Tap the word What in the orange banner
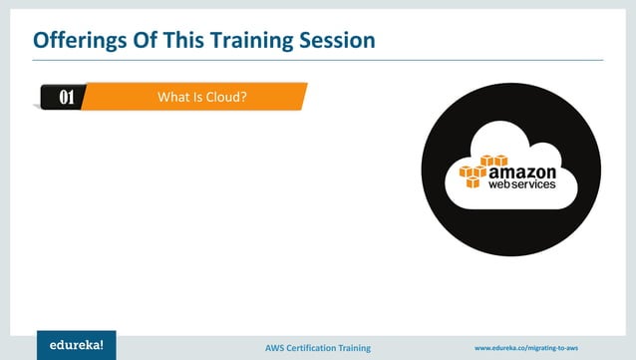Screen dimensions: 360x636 pyautogui.click(x=173, y=97)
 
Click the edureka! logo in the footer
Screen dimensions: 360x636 pyautogui.click(x=76, y=345)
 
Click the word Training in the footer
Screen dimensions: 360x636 pyautogui.click(x=354, y=347)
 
